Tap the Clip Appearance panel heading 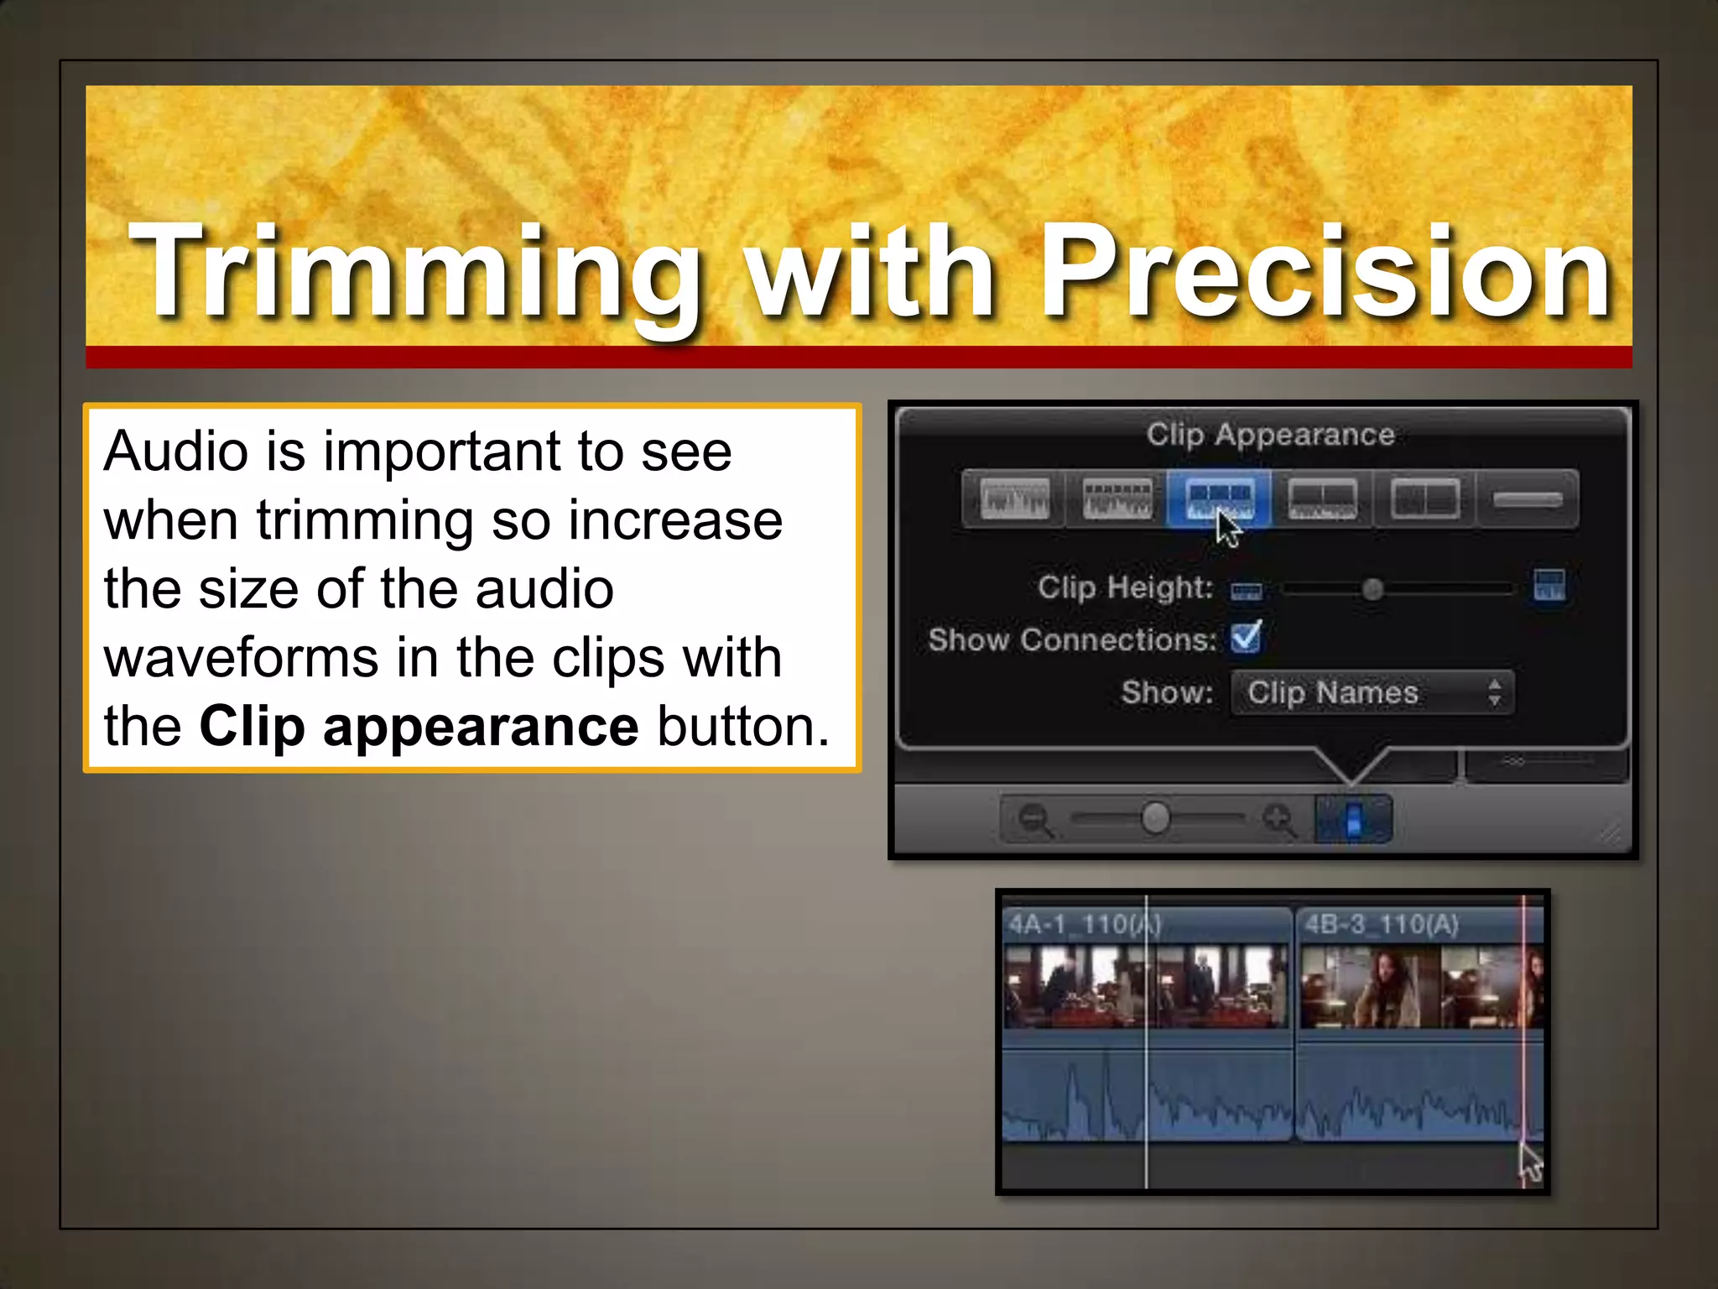pyautogui.click(x=1270, y=435)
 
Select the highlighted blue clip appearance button pyautogui.click(x=1220, y=499)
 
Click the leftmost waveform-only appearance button pyautogui.click(x=1014, y=499)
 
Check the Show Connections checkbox pyautogui.click(x=1246, y=638)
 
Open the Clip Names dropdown pyautogui.click(x=1372, y=693)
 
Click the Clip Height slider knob pyautogui.click(x=1372, y=589)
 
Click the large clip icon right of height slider pyautogui.click(x=1549, y=586)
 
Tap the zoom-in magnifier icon pyautogui.click(x=1278, y=819)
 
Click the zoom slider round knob pyautogui.click(x=1156, y=817)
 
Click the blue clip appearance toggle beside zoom pyautogui.click(x=1353, y=819)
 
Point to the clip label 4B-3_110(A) pyautogui.click(x=1381, y=925)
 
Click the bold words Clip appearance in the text pyautogui.click(x=419, y=726)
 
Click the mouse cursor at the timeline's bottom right pyautogui.click(x=1530, y=1163)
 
